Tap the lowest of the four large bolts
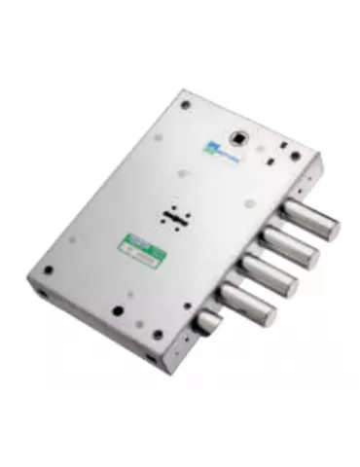[x=249, y=301]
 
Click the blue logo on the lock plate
[x=212, y=149]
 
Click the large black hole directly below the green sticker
[x=116, y=311]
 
